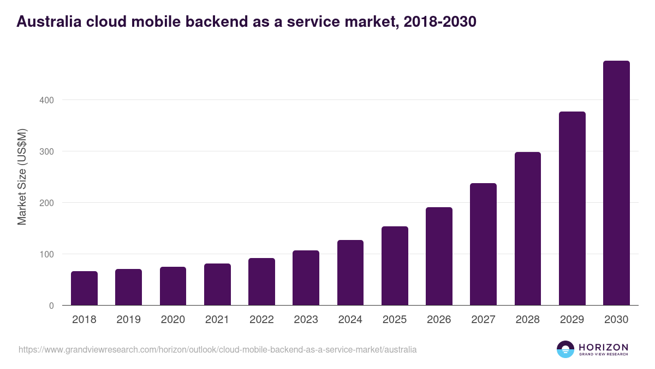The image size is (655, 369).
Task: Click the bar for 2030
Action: [x=616, y=183]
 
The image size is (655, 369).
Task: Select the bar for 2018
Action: [x=84, y=288]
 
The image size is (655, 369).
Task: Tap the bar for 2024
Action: [x=350, y=272]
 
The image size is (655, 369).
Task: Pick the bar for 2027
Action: [x=483, y=244]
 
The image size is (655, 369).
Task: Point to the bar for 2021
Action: [x=217, y=284]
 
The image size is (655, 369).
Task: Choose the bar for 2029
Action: [x=572, y=208]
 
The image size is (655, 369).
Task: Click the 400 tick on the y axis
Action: [x=46, y=100]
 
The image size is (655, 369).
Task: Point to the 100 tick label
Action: [x=46, y=254]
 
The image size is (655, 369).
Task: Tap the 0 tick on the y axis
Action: [x=51, y=306]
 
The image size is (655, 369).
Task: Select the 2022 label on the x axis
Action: [x=261, y=320]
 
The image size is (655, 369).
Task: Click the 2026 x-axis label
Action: [x=439, y=320]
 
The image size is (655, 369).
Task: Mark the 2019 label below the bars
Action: [x=128, y=320]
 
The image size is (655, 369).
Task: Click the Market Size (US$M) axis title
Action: [x=22, y=177]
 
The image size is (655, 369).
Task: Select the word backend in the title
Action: [x=216, y=21]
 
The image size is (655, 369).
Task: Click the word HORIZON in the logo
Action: [x=603, y=347]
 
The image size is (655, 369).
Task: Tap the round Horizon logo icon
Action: [x=565, y=349]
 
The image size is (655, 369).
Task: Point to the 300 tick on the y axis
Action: [x=46, y=151]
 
